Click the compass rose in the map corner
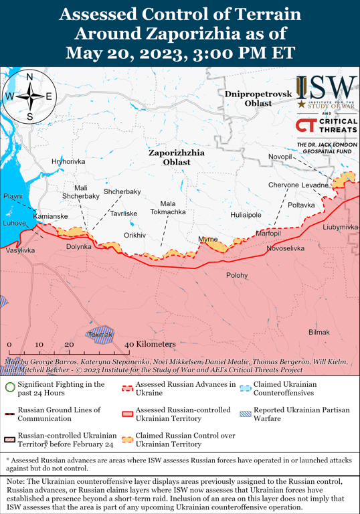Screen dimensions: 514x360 [29, 96]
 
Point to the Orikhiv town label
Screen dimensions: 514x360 [134, 236]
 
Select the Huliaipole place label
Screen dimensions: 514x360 [246, 216]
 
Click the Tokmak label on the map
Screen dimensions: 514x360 [100, 334]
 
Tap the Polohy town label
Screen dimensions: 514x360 [237, 275]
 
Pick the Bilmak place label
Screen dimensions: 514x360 [319, 333]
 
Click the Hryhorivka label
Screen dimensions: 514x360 [68, 162]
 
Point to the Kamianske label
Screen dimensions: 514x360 [50, 217]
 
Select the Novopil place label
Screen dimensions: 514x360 [280, 157]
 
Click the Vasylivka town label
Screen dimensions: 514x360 [20, 250]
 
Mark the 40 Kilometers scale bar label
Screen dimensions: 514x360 [150, 344]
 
